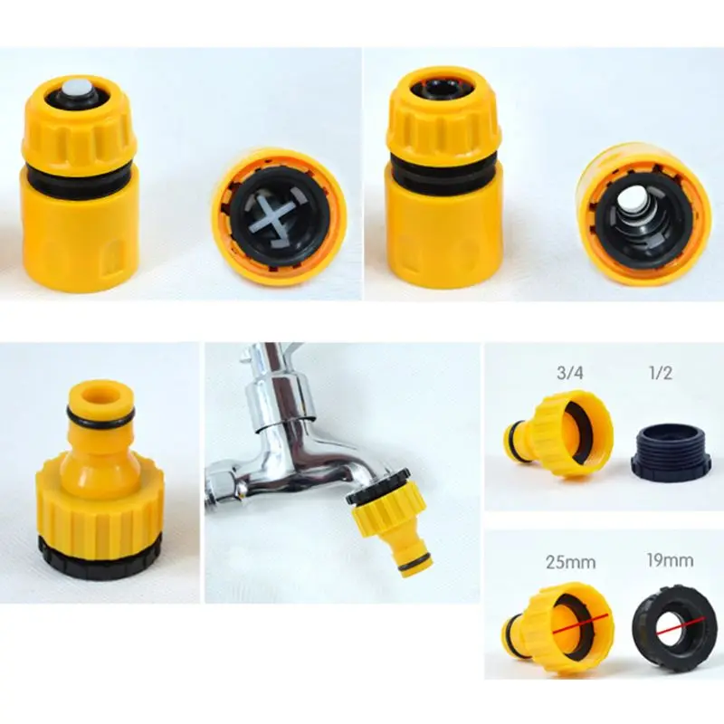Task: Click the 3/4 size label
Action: tap(570, 373)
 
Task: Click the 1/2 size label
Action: tap(661, 373)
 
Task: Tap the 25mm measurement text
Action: tap(571, 562)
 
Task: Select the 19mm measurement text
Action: tap(670, 560)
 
